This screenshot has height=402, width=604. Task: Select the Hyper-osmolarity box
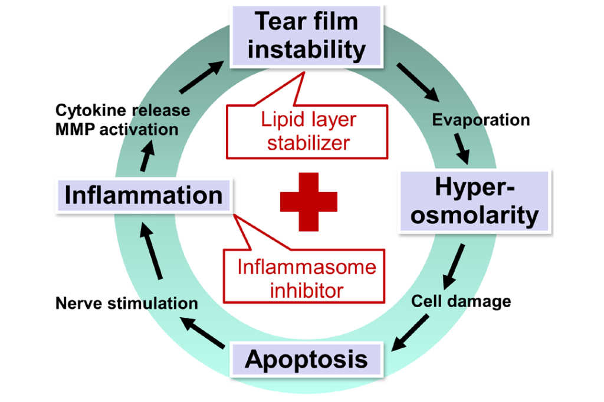(475, 202)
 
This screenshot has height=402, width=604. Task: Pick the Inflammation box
(143, 195)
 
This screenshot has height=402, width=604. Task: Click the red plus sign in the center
(308, 202)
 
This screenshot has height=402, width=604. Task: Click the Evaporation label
(481, 120)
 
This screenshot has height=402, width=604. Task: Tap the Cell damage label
(461, 301)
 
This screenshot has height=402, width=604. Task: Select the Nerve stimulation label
(126, 304)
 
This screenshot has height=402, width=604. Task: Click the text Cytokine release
(122, 110)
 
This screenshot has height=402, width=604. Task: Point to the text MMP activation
(116, 129)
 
